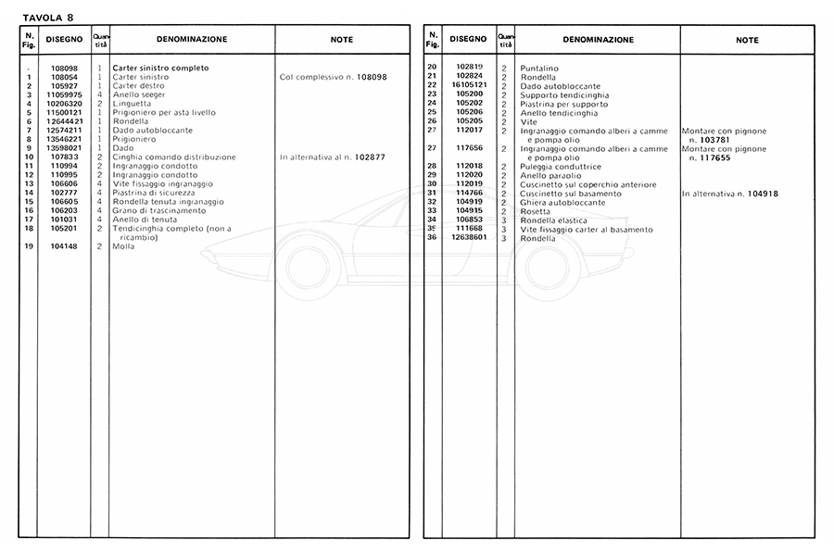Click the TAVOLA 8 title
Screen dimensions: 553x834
(49, 17)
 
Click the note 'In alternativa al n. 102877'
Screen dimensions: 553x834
(333, 157)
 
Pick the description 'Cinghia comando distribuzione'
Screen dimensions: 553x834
(174, 157)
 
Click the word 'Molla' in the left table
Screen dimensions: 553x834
(124, 246)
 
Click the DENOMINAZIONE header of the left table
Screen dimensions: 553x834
(192, 40)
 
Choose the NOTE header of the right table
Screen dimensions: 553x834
(747, 40)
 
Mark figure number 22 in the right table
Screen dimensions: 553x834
(432, 85)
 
